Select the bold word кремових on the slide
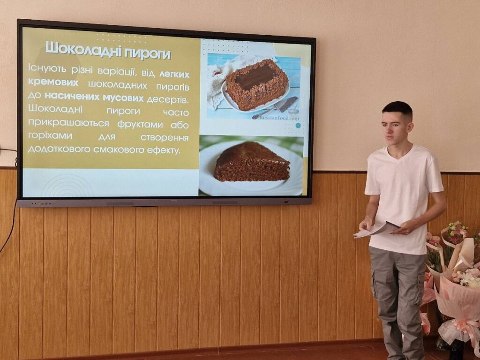[x=53, y=82]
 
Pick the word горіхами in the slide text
[x=50, y=136]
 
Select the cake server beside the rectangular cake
[x=275, y=108]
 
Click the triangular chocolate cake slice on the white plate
[x=252, y=162]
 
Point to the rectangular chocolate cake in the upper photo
[x=256, y=84]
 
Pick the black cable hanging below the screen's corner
[x=9, y=226]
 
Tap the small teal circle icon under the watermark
[x=298, y=125]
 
